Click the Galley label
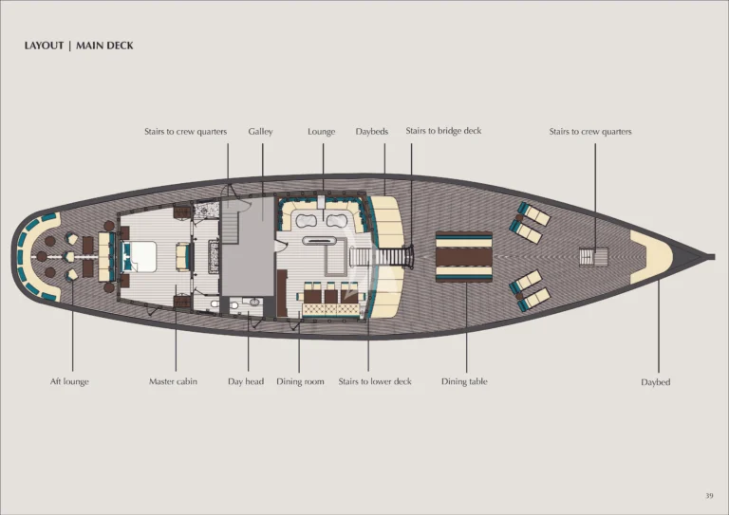260,132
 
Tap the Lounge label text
321,132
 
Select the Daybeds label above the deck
372,132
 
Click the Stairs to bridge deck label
443,132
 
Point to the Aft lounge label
69,381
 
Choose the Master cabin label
173,381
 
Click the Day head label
246,381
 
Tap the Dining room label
300,381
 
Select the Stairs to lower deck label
375,381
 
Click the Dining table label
464,381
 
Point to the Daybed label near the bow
656,382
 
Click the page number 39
709,495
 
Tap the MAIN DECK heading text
104,46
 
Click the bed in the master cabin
140,256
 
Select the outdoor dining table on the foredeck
463,256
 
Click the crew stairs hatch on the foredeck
593,256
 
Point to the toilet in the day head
234,305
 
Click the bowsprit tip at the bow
713,256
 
